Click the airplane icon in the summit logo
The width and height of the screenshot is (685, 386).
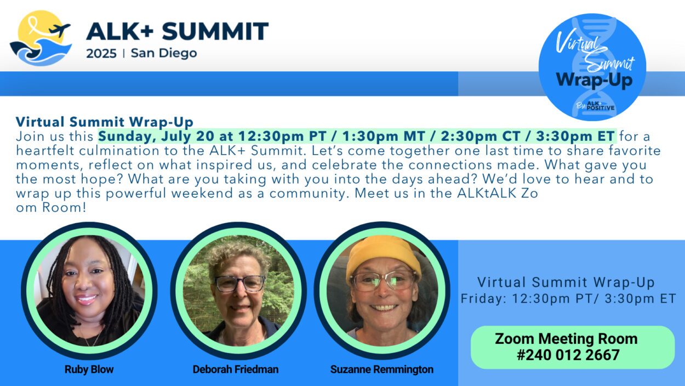(x=60, y=30)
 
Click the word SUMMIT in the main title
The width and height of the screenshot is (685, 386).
(x=215, y=31)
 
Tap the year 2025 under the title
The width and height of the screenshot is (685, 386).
(x=101, y=54)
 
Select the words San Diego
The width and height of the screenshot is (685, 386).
(x=164, y=53)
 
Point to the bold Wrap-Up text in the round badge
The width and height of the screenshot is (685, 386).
(x=594, y=80)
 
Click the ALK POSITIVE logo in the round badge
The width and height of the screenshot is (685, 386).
(x=600, y=106)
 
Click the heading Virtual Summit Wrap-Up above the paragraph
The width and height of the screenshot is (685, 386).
(x=105, y=122)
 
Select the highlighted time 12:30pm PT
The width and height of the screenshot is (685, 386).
(x=282, y=136)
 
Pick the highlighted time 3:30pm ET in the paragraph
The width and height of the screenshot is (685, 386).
(x=575, y=136)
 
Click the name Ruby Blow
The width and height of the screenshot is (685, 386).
(x=89, y=369)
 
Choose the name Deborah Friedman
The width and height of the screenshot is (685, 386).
(x=236, y=369)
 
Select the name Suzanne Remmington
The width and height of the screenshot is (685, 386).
(x=381, y=370)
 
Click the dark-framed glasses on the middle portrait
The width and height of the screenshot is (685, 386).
(x=240, y=283)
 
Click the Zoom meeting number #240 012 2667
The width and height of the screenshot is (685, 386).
(x=568, y=355)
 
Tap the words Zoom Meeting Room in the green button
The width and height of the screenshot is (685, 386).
(x=566, y=339)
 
